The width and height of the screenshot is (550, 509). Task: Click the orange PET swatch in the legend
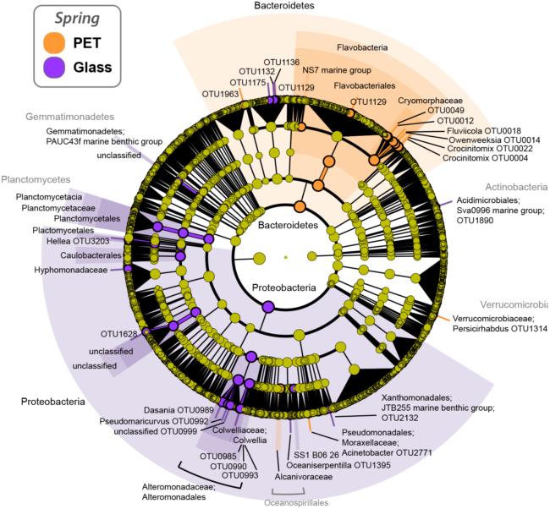point(52,41)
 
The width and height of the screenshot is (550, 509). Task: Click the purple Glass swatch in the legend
point(52,67)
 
